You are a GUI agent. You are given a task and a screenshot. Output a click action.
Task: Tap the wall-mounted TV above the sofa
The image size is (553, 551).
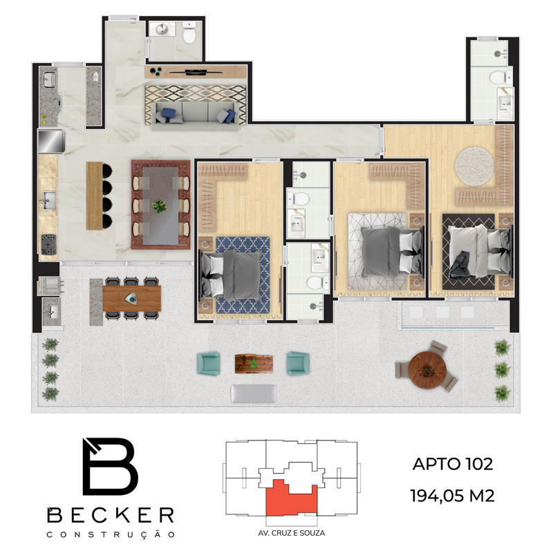click(x=196, y=73)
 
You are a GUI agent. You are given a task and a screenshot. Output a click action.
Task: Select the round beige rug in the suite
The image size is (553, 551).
click(x=474, y=167)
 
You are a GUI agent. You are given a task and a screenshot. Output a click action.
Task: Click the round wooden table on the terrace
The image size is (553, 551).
click(x=427, y=370)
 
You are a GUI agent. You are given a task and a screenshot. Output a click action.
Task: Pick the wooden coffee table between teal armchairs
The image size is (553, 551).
click(x=254, y=364)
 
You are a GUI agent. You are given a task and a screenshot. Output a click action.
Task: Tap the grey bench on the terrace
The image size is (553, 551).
click(x=254, y=393)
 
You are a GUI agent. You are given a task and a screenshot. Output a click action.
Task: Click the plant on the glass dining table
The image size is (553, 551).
click(x=160, y=207)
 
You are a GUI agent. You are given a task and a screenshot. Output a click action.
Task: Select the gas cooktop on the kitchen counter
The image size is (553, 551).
click(x=48, y=244)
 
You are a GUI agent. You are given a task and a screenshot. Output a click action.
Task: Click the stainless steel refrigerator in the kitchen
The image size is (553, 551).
click(x=51, y=142)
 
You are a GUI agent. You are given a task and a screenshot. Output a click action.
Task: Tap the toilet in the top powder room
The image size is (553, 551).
click(x=189, y=32)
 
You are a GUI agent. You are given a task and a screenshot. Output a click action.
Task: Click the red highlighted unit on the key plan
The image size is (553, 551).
click(x=291, y=498)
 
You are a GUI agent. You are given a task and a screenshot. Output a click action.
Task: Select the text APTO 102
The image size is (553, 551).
click(x=453, y=464)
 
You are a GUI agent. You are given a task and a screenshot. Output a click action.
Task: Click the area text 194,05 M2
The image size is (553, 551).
click(x=453, y=496)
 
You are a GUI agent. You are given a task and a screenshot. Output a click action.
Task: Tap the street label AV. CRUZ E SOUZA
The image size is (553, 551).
click(x=291, y=533)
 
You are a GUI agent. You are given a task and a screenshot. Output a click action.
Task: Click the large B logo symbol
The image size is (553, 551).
click(x=109, y=467)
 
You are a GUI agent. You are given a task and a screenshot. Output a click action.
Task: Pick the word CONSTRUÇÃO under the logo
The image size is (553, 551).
click(x=111, y=535)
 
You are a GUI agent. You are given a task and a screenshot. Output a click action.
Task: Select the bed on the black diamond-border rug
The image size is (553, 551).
click(x=480, y=251)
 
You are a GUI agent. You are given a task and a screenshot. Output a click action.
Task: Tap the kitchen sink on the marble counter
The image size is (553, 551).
click(x=48, y=201)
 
